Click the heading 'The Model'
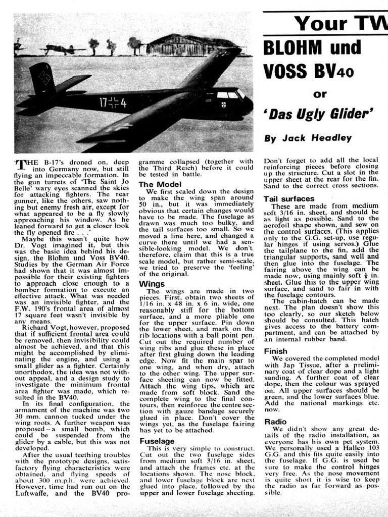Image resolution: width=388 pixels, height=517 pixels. (x=160, y=185)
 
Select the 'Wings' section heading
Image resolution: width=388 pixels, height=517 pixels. (x=152, y=284)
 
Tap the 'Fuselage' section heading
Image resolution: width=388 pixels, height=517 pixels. (x=157, y=441)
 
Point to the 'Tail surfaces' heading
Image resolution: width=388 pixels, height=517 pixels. (x=289, y=199)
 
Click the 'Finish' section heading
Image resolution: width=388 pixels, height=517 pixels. (x=276, y=351)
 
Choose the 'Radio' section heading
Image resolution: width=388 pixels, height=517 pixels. (x=275, y=422)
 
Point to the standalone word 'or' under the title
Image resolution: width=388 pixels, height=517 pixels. (x=320, y=93)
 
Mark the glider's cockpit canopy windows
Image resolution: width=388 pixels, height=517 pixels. (x=228, y=95)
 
